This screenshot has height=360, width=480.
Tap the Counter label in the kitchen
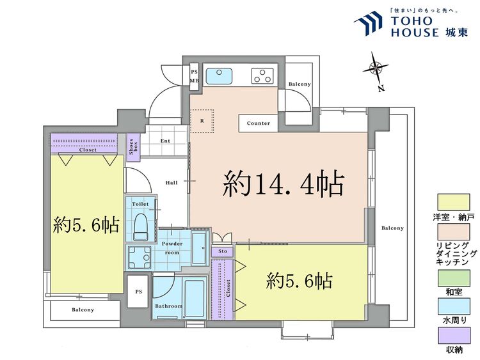click(258, 123)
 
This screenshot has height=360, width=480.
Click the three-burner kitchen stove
click(262, 76)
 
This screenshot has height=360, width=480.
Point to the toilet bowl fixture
click(141, 224)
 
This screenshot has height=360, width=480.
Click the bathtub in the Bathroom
click(193, 296)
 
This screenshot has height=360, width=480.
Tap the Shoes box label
click(132, 147)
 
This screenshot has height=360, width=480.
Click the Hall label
click(172, 183)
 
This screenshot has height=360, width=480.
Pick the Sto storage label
click(223, 251)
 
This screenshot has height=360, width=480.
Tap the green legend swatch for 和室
click(454, 277)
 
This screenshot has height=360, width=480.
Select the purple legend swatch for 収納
click(454, 336)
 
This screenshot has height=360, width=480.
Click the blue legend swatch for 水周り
click(454, 306)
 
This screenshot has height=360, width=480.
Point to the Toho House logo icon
click(369, 24)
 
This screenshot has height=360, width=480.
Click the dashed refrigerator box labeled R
click(202, 120)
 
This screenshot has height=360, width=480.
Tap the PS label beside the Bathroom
click(138, 292)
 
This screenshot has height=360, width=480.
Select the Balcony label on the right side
click(392, 228)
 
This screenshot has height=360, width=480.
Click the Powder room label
click(172, 247)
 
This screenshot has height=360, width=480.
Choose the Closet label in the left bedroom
click(88, 150)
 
